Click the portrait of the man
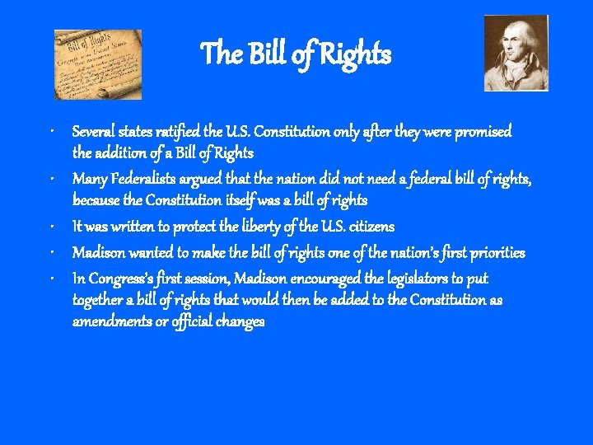pos(516,52)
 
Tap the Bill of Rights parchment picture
pos(97,64)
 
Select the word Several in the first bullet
pos(93,132)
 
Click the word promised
pos(483,132)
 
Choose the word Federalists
pos(146,179)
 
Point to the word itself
pos(245,200)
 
